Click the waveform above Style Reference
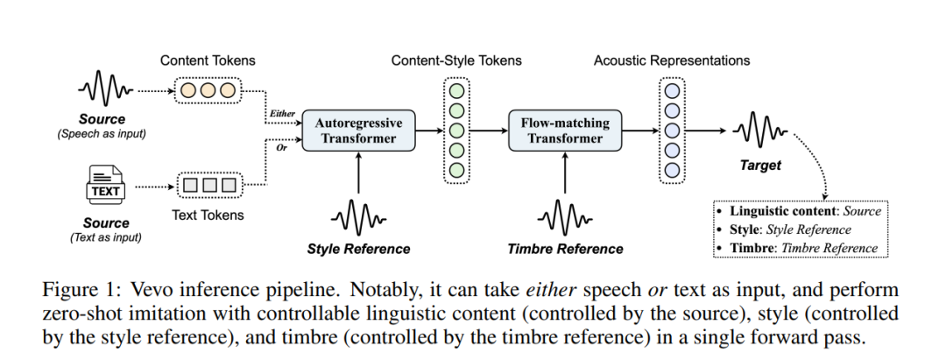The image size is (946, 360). click(x=357, y=215)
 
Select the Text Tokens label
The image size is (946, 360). click(x=208, y=215)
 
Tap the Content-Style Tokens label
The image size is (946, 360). click(x=456, y=60)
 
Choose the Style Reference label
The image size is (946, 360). click(x=358, y=249)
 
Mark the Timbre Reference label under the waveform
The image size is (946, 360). click(x=565, y=249)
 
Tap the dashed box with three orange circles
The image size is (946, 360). click(x=208, y=90)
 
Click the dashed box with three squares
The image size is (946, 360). click(x=208, y=186)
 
